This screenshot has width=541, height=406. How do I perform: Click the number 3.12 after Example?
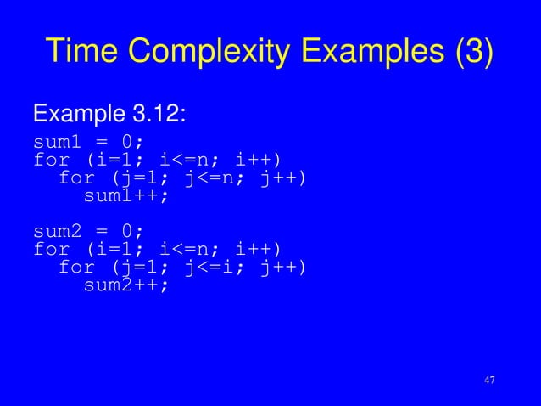[159, 112]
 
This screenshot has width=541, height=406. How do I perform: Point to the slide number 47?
[488, 380]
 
